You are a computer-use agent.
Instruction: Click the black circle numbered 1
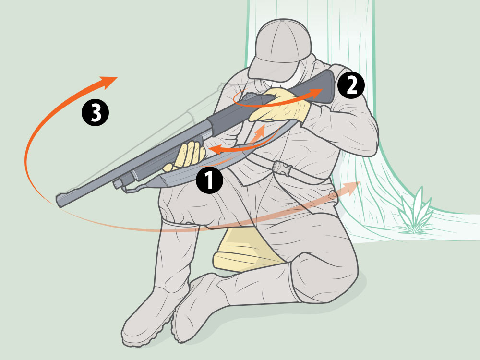[209, 180]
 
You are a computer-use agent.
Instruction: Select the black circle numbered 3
[95, 112]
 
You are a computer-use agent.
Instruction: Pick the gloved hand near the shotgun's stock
[280, 106]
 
